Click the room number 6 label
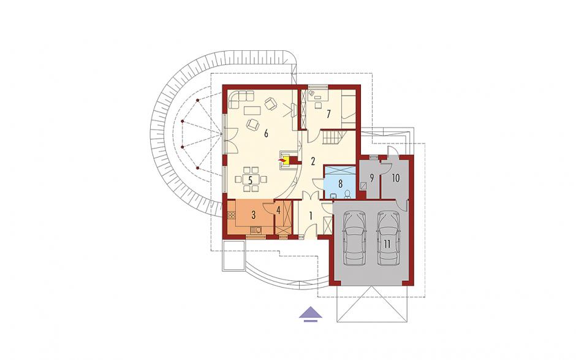pyautogui.click(x=266, y=133)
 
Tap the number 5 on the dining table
pyautogui.click(x=250, y=180)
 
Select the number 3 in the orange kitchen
pyautogui.click(x=254, y=215)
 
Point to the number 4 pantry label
pyautogui.click(x=278, y=211)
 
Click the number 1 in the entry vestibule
pyautogui.click(x=311, y=216)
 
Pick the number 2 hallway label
pyautogui.click(x=313, y=161)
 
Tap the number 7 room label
pyautogui.click(x=328, y=114)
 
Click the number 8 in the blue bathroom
pyautogui.click(x=340, y=183)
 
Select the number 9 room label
pyautogui.click(x=372, y=178)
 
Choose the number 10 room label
pyautogui.click(x=396, y=178)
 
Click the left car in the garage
pyautogui.click(x=355, y=238)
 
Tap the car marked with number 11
pyautogui.click(x=388, y=238)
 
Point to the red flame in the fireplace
pyautogui.click(x=282, y=160)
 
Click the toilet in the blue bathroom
pyautogui.click(x=347, y=194)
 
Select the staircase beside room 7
pyautogui.click(x=333, y=138)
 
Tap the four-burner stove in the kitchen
pyautogui.click(x=232, y=215)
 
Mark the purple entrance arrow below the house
pyautogui.click(x=311, y=313)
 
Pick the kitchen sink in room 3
pyautogui.click(x=256, y=230)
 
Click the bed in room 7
pyautogui.click(x=349, y=107)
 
